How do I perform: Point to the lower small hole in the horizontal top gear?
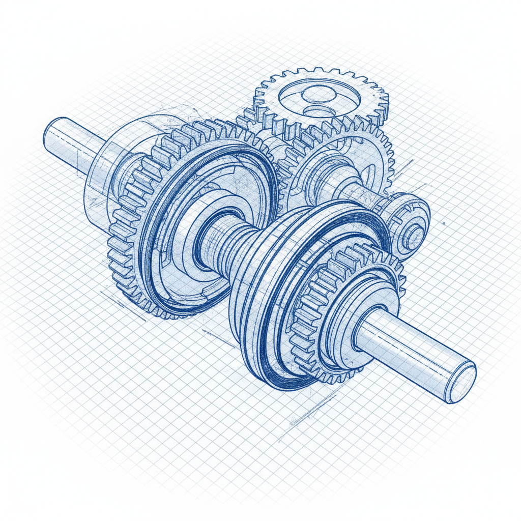(x=320, y=112)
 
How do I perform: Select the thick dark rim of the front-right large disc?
(x=265, y=356)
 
